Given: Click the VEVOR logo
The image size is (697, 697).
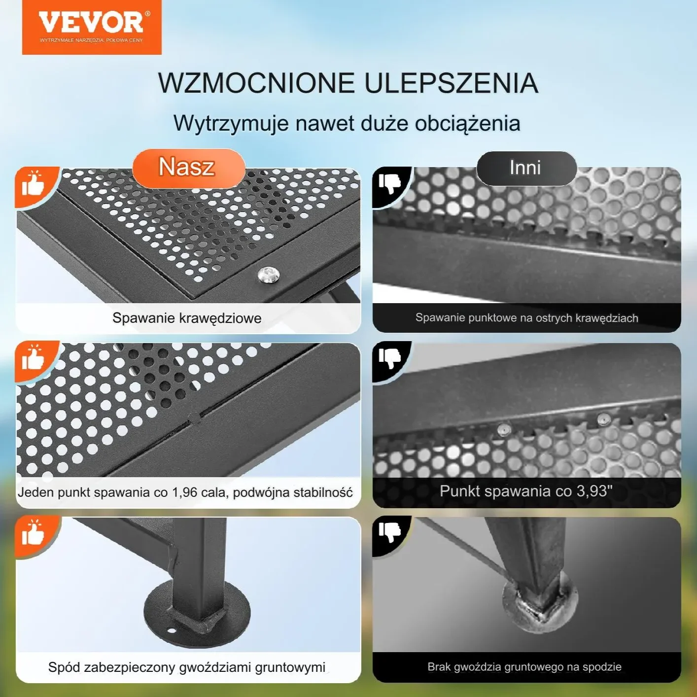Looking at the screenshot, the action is tap(92, 27).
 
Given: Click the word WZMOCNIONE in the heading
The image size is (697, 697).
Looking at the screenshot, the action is tap(256, 83).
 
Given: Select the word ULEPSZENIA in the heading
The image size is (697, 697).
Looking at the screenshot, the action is tap(452, 83).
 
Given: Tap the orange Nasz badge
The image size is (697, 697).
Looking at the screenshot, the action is tap(188, 168).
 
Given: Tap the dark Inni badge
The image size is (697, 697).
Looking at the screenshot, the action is tap(526, 168).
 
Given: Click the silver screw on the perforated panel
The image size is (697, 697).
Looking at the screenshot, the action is tap(269, 275).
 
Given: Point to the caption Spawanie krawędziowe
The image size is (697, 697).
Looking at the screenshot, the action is tap(187, 318).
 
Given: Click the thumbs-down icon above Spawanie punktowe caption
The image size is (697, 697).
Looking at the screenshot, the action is tap(389, 183).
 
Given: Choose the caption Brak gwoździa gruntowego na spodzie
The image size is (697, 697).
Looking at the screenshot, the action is tap(524, 666).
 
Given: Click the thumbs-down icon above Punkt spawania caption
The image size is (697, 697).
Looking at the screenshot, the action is tap(389, 358).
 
